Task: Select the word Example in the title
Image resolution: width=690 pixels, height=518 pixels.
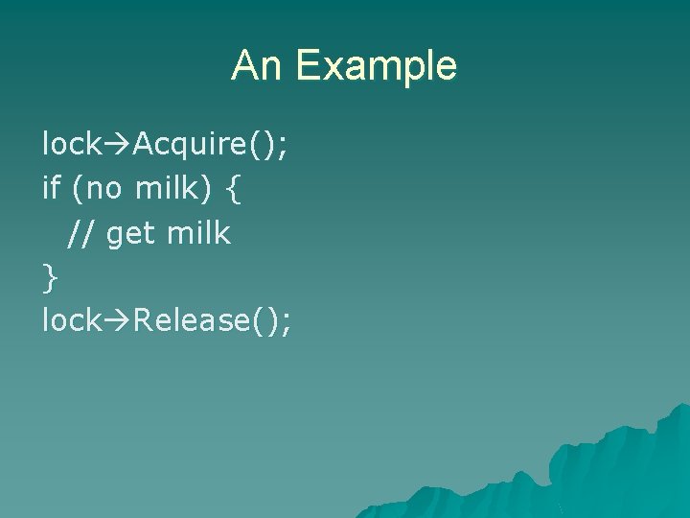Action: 376,67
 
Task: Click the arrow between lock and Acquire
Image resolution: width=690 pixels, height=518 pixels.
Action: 117,145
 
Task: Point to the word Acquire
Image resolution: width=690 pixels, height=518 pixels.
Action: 190,145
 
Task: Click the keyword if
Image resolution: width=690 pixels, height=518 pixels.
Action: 51,188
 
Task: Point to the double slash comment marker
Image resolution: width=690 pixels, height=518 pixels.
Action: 81,233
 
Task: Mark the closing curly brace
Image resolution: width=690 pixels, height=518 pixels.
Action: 50,277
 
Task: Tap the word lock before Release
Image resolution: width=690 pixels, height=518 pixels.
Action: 71,320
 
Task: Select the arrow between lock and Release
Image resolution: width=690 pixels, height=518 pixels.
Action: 117,321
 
